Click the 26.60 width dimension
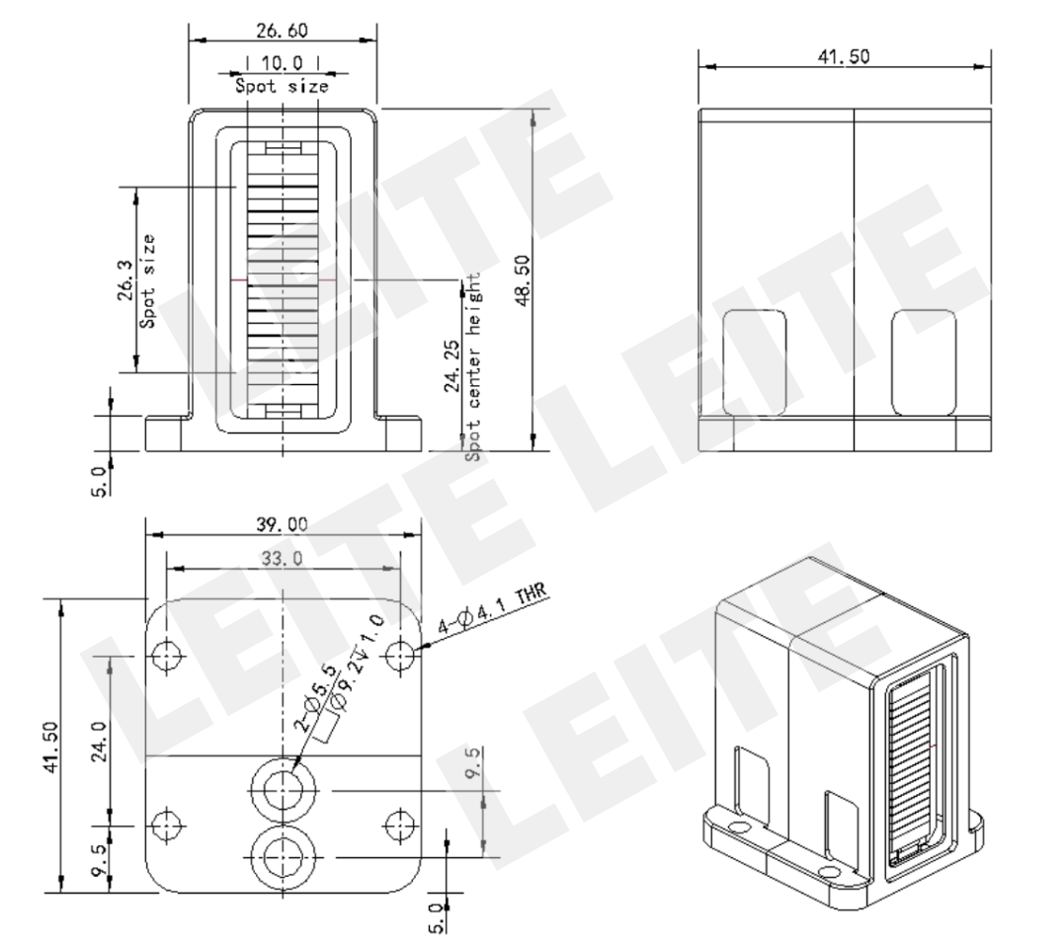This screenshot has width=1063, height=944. coord(282,31)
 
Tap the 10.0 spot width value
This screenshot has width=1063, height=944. coord(282,63)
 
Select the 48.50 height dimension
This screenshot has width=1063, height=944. coord(523,280)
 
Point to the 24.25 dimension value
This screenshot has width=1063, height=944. coord(452,366)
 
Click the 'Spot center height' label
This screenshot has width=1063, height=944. coord(473,367)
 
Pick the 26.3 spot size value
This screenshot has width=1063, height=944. coord(126,280)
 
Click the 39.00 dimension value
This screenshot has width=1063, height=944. coord(282,524)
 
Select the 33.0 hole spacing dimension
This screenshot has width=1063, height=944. coord(282,559)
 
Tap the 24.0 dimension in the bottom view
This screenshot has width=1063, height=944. coord(99,742)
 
